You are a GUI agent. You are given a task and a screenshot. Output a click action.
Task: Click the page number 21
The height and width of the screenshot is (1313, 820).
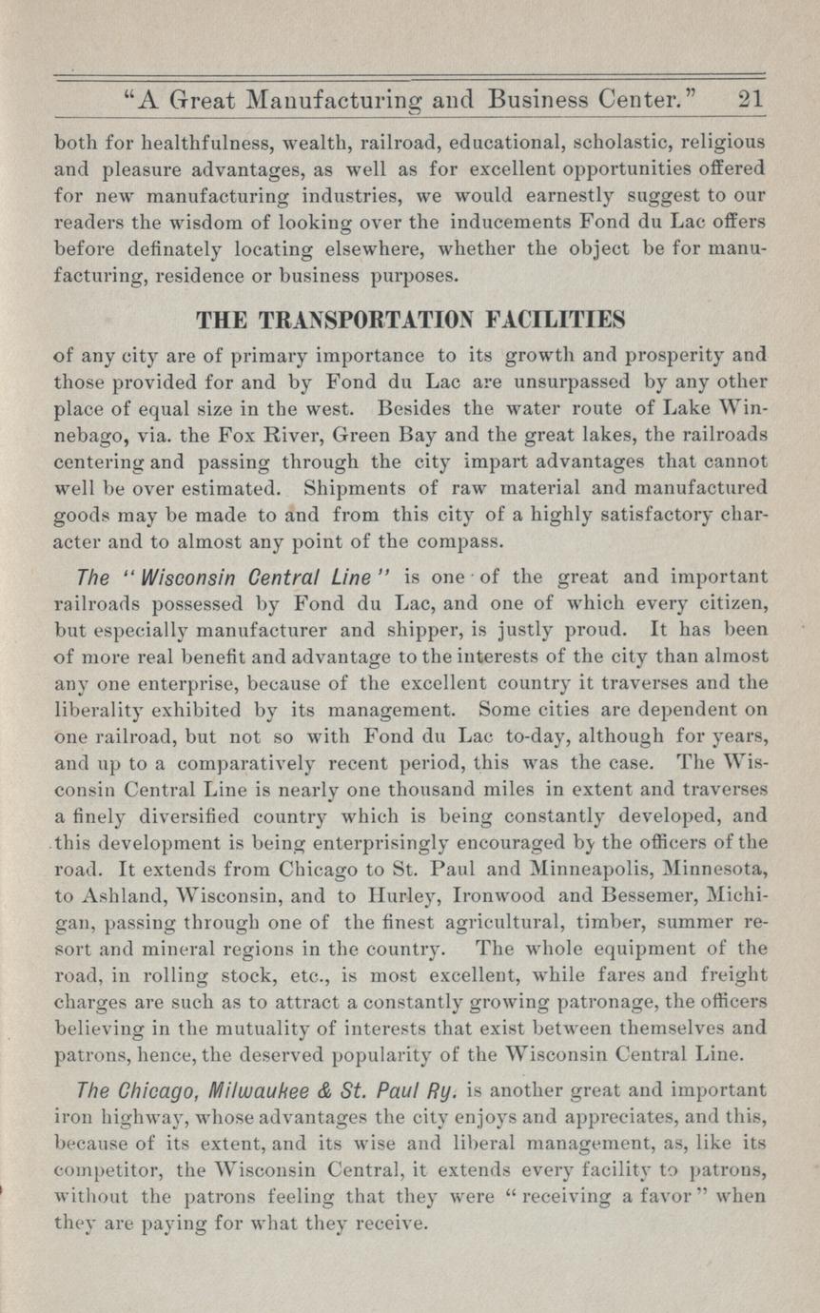[750, 98]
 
